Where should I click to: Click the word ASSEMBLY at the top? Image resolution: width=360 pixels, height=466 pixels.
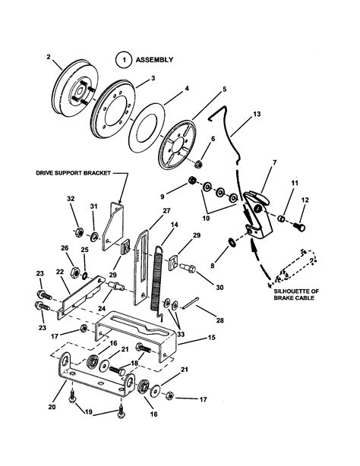[x=155, y=58]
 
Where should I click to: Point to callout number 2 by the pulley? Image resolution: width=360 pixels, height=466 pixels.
[x=48, y=56]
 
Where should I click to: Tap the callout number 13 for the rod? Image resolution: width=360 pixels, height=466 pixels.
[x=257, y=113]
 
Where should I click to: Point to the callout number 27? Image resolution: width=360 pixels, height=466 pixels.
[x=166, y=211]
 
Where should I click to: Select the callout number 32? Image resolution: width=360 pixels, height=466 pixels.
[x=71, y=200]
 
